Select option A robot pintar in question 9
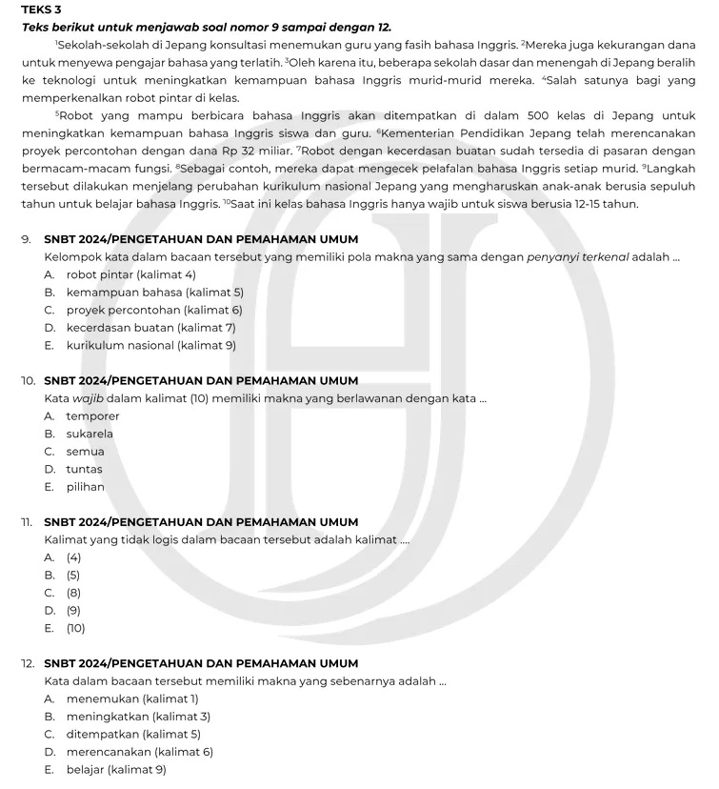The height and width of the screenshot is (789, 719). click(x=130, y=274)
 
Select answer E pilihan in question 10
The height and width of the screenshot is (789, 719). click(x=85, y=486)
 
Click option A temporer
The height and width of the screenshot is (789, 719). click(x=92, y=415)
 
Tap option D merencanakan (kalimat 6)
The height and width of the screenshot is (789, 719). click(x=139, y=752)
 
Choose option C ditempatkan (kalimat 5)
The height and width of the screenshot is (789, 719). click(x=133, y=734)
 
